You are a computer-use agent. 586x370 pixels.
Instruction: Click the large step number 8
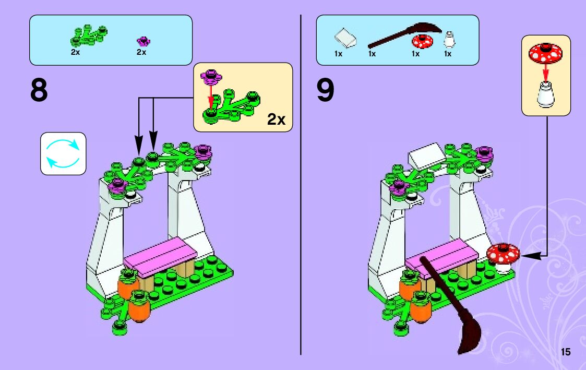click(39, 91)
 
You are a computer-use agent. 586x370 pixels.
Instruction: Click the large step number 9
click(325, 91)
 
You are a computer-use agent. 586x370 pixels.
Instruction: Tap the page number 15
click(566, 352)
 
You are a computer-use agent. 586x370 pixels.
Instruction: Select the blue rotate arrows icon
click(63, 153)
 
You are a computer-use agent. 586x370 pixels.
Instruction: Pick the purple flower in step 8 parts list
click(142, 41)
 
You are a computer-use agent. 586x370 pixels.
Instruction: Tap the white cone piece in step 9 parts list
click(448, 40)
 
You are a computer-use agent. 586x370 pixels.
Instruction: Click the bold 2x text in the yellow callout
click(276, 120)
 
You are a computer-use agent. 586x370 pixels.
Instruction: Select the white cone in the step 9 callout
click(545, 95)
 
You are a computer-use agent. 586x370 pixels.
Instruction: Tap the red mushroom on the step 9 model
click(503, 254)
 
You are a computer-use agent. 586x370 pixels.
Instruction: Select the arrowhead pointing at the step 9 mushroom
click(525, 256)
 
